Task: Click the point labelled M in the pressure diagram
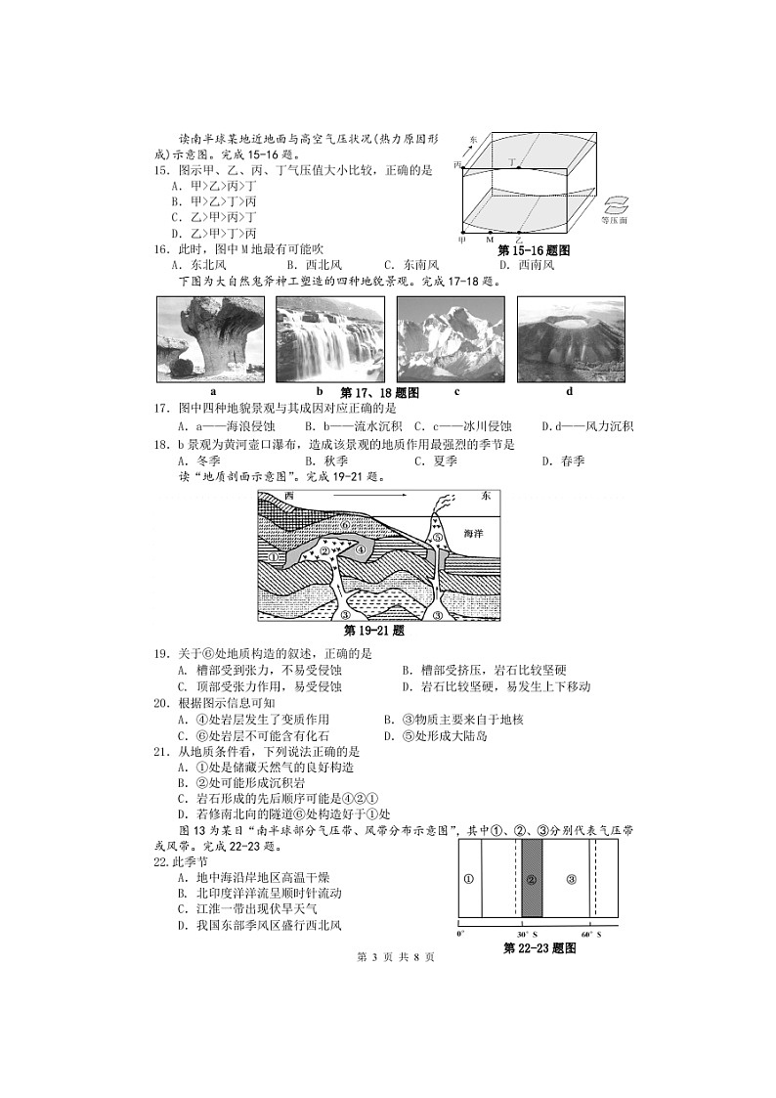pyautogui.click(x=490, y=238)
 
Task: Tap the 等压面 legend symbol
pyautogui.click(x=615, y=204)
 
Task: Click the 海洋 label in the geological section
pyautogui.click(x=472, y=534)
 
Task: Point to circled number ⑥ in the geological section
pyautogui.click(x=345, y=525)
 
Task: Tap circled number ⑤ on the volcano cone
pyautogui.click(x=439, y=537)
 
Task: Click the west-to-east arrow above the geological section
pyautogui.click(x=365, y=497)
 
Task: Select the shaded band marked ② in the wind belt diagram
pyautogui.click(x=532, y=879)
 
